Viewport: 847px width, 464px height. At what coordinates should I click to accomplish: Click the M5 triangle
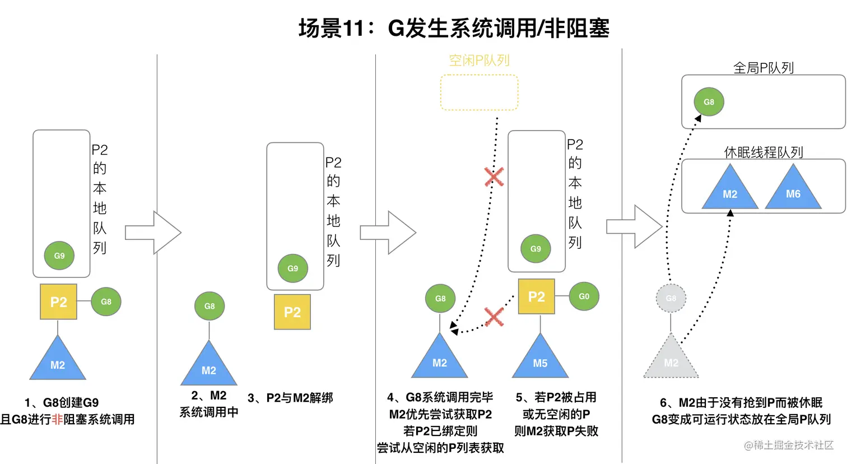540,359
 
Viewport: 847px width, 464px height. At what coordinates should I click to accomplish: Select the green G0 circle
584,296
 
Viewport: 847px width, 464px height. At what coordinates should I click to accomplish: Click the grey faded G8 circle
671,298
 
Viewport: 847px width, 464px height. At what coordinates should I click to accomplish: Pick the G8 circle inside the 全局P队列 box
709,102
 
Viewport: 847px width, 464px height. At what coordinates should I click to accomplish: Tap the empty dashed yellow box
479,92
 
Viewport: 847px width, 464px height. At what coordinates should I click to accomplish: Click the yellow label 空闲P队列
479,61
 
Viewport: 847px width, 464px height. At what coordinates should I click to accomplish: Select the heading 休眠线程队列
763,152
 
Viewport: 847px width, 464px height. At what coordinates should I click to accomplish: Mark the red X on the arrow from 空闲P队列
494,177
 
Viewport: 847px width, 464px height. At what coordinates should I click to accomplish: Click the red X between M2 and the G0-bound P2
494,317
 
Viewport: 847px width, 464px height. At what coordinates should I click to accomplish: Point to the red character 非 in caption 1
57,419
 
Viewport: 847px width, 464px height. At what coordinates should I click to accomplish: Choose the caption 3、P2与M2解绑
290,398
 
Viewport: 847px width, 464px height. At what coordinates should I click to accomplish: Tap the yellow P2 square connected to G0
536,296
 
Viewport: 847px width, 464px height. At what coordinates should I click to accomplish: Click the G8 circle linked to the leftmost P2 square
106,301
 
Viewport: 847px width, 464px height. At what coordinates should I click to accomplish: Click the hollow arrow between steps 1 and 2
152,233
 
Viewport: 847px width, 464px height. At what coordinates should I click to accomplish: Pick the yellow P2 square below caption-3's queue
292,312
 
